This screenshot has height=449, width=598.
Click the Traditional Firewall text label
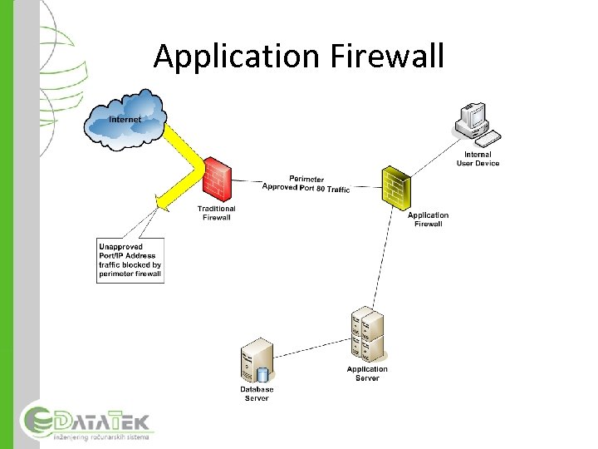216,213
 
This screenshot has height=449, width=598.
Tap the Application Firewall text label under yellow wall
429,219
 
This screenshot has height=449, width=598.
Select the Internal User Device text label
478,158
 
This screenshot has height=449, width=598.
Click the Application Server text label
367,373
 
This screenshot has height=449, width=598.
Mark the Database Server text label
257,393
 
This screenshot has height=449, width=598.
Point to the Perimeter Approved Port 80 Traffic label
306,184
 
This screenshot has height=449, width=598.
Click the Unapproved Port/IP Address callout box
130,260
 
